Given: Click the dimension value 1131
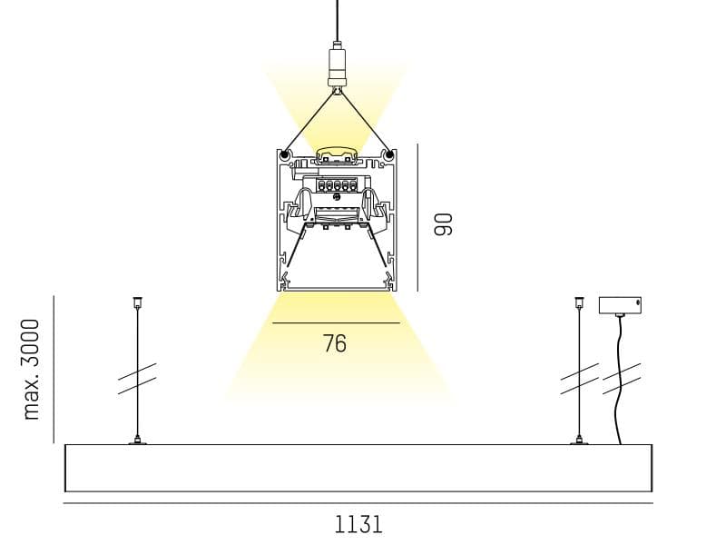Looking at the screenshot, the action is tap(358, 525).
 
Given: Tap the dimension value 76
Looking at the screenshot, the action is tap(335, 343).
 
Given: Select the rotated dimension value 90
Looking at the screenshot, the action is tap(443, 224).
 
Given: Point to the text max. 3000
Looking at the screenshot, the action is tap(32, 370).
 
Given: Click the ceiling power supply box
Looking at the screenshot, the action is tap(620, 305).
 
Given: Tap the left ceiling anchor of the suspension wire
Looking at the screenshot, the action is tap(137, 302).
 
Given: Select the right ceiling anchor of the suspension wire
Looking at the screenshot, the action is tap(579, 302).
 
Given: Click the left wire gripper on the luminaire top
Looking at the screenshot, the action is tap(137, 441).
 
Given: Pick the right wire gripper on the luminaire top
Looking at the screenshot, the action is tap(579, 441).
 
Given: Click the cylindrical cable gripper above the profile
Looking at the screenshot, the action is tap(337, 65).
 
